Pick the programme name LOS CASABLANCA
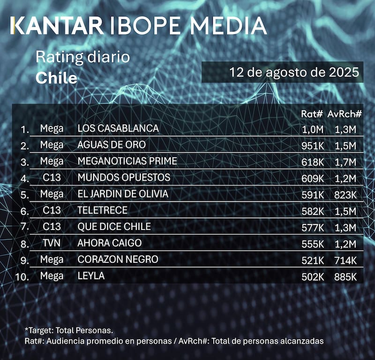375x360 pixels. [118, 128]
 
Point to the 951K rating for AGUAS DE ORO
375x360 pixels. [313, 145]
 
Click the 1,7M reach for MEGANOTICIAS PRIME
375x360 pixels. [346, 161]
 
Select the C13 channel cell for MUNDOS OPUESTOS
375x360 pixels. [52, 178]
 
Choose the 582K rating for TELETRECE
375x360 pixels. [313, 211]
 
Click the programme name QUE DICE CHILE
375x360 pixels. [114, 227]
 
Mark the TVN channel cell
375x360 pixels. [52, 243]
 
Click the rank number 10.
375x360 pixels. [22, 276]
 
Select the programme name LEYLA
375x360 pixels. [91, 276]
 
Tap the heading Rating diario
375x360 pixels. [82, 58]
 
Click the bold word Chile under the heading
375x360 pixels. [56, 78]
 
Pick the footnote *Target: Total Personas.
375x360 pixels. [69, 330]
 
